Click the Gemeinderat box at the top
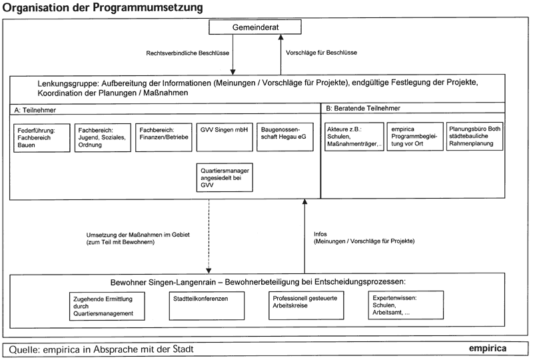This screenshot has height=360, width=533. click(255, 27)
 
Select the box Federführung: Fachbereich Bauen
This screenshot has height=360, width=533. click(42, 138)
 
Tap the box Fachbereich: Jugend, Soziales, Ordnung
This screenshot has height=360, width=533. click(103, 137)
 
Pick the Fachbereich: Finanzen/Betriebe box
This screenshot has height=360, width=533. click(163, 137)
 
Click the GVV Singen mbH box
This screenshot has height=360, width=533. click(225, 137)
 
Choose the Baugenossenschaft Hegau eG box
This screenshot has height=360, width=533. click(285, 137)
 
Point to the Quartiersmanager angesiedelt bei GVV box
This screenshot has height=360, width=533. click(225, 177)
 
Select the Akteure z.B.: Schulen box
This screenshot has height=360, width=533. click(354, 137)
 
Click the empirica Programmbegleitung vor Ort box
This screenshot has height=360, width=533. click(415, 137)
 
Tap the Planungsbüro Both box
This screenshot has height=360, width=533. click(474, 136)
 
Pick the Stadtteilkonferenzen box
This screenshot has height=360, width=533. click(207, 305)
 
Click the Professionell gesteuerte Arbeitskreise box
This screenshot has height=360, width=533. click(306, 305)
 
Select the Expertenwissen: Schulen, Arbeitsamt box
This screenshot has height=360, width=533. click(406, 305)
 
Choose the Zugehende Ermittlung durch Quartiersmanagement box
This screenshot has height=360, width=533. click(107, 306)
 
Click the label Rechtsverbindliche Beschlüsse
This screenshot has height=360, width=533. click(188, 53)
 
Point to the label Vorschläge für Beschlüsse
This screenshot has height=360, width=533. click(321, 53)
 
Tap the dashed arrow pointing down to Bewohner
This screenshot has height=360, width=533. click(209, 236)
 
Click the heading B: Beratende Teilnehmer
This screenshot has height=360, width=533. click(363, 108)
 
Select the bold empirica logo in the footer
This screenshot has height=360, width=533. click(488, 349)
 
